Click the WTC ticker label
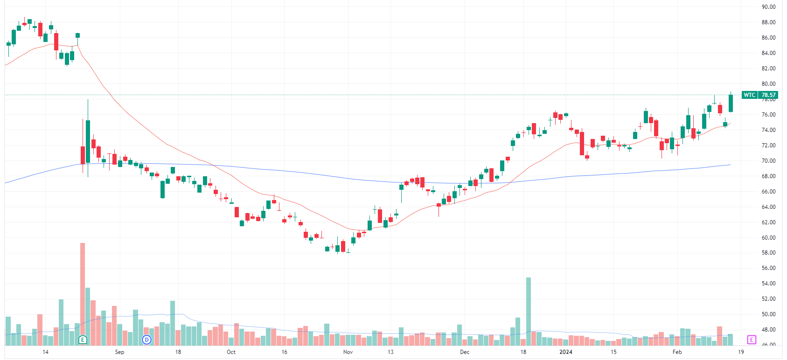(749, 95)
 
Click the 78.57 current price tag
(768, 95)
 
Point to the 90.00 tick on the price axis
(768, 7)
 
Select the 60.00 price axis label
(768, 237)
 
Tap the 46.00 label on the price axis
(768, 345)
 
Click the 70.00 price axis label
(768, 161)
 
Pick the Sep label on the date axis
(119, 352)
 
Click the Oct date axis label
(231, 352)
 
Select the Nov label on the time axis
(348, 352)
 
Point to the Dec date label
(465, 352)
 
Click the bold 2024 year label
(565, 352)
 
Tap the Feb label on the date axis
(677, 352)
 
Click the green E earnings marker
(83, 339)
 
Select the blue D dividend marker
(146, 339)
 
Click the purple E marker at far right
(751, 339)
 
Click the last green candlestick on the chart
(731, 103)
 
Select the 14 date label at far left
(45, 352)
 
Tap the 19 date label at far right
(741, 352)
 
